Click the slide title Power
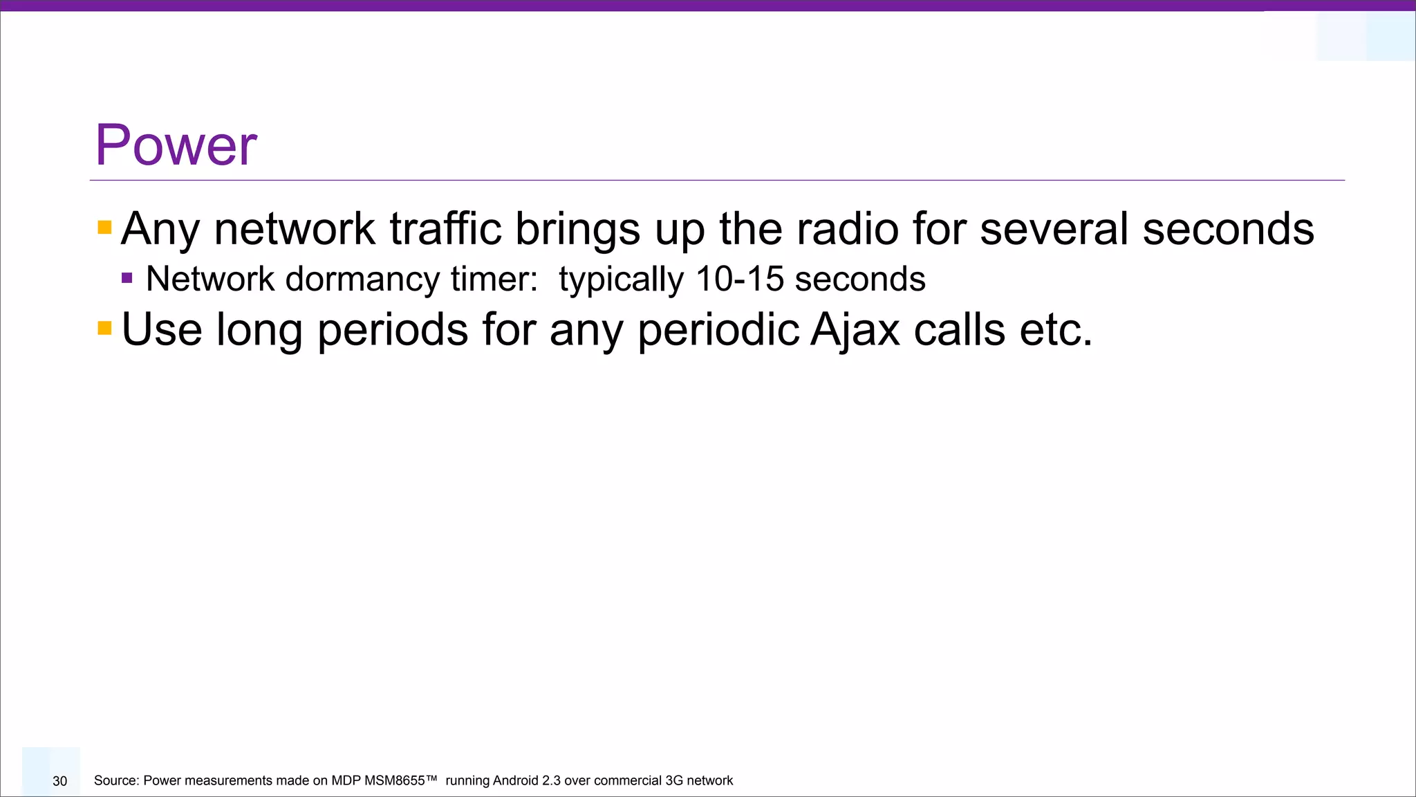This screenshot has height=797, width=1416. [x=176, y=145]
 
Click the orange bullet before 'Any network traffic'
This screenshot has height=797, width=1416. [x=104, y=228]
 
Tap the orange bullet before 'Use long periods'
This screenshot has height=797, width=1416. [x=104, y=328]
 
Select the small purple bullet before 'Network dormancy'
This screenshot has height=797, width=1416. [x=127, y=279]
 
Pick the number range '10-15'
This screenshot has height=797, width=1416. [x=739, y=279]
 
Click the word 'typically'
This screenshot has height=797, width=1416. [x=620, y=280]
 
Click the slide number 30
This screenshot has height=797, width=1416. [x=60, y=781]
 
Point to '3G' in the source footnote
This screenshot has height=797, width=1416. [x=673, y=780]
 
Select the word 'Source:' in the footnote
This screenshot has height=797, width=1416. [x=116, y=780]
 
